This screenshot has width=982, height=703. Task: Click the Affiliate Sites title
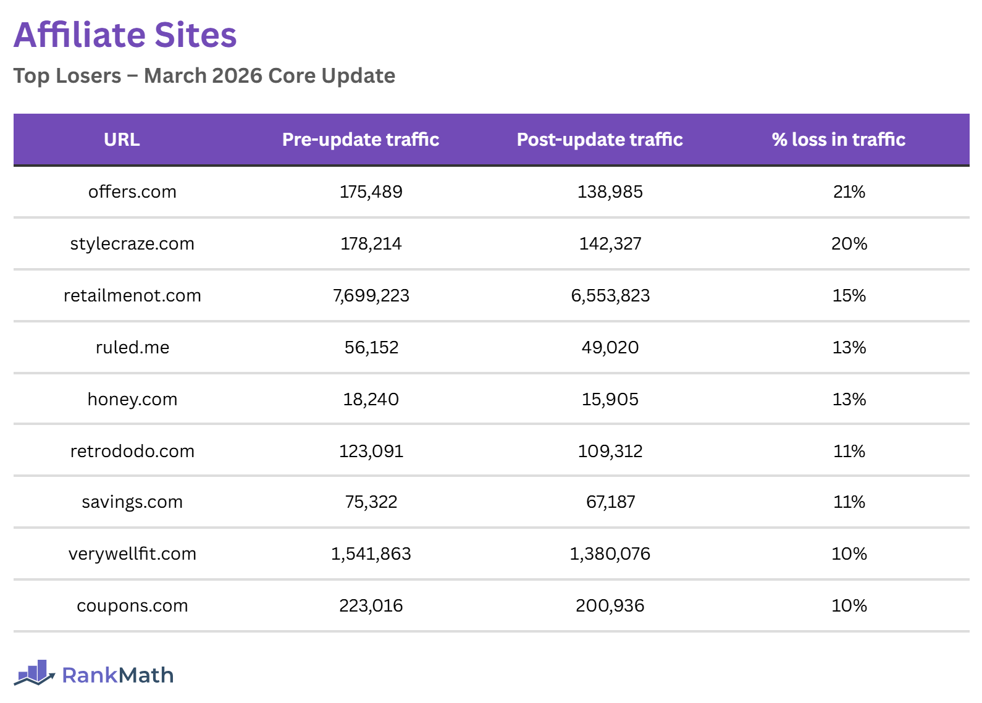pyautogui.click(x=125, y=35)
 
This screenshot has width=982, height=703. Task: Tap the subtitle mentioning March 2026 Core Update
pyautogui.click(x=204, y=76)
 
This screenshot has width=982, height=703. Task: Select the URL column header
pyautogui.click(x=122, y=140)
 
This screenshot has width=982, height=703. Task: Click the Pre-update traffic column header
pyautogui.click(x=360, y=140)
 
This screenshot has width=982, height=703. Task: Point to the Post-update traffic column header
pyautogui.click(x=599, y=140)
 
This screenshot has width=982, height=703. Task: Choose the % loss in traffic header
pyautogui.click(x=838, y=140)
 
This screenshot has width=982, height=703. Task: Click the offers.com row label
pyautogui.click(x=132, y=192)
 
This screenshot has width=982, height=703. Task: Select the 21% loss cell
pyautogui.click(x=849, y=192)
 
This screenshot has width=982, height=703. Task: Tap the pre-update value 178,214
pyautogui.click(x=371, y=244)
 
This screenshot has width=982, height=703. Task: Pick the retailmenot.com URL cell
pyautogui.click(x=132, y=296)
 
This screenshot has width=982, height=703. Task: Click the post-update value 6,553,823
pyautogui.click(x=610, y=296)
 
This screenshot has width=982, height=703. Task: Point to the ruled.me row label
pyautogui.click(x=132, y=348)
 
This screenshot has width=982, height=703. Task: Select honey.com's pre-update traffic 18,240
pyautogui.click(x=371, y=400)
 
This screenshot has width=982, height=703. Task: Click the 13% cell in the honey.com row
pyautogui.click(x=849, y=400)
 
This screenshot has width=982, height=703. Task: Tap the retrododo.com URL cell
pyautogui.click(x=132, y=452)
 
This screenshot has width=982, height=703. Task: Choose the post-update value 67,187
pyautogui.click(x=610, y=502)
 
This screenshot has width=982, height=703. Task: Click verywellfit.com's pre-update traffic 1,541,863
pyautogui.click(x=371, y=554)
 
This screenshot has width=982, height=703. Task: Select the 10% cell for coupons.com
pyautogui.click(x=849, y=606)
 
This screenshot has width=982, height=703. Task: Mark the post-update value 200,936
pyautogui.click(x=610, y=606)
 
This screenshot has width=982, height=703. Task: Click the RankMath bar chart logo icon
pyautogui.click(x=35, y=673)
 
